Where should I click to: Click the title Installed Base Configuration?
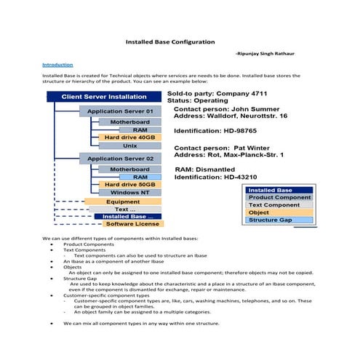pos(171,42)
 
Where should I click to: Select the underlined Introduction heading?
pos(57,65)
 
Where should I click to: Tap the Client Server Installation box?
pos(103,96)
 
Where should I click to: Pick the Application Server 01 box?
pos(120,111)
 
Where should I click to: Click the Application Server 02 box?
pos(120,159)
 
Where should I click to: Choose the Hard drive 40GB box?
pos(129,137)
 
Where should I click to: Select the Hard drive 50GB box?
pos(129,185)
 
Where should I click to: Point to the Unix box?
pos(129,145)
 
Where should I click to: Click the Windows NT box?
pos(129,193)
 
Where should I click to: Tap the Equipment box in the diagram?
pos(123,201)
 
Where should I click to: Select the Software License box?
pos(132,224)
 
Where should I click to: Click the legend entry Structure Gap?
pos(271,220)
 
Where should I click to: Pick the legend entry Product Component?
pos(279,198)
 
